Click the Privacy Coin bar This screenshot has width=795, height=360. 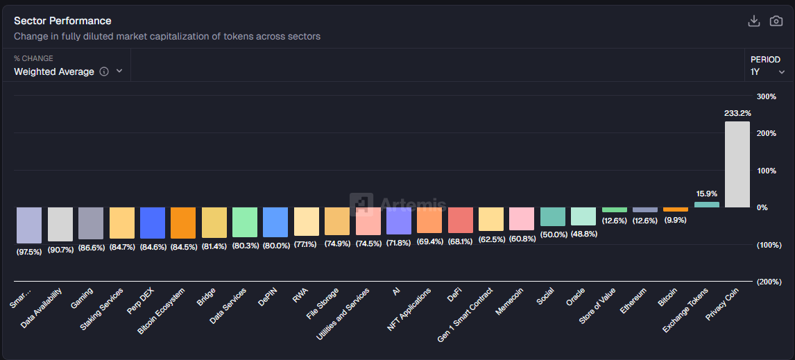pos(737,164)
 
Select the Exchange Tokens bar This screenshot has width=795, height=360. pos(706,205)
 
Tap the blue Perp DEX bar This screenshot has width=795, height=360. pos(153,223)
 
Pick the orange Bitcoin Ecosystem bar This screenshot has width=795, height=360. pos(183,223)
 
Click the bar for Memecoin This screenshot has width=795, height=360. pos(522,218)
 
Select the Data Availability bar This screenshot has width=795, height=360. pos(60,224)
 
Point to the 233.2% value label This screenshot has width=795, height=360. pos(737,112)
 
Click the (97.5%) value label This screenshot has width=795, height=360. pos(29,252)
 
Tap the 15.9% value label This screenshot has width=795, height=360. pos(706,194)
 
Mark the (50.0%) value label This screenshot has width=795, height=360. pos(553,234)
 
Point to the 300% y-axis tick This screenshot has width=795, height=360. pos(766,96)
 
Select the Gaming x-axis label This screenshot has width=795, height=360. pos(83,299)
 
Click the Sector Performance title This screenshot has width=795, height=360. pos(62,21)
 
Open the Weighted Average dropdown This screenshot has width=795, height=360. pos(68,71)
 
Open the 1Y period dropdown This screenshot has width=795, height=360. pos(767,71)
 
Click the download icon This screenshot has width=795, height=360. pos(754,21)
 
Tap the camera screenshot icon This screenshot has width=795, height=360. pos(776,21)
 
